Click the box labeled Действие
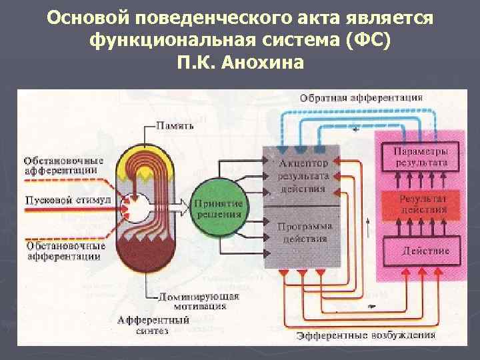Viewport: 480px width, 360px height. [x=425, y=250]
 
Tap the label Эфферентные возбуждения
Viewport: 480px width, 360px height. [x=366, y=335]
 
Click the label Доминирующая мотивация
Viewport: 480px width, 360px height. [x=192, y=301]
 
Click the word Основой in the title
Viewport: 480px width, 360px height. [x=86, y=19]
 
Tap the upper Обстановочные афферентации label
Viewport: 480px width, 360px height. [x=63, y=165]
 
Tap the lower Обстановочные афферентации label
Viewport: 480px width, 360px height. [x=64, y=251]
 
